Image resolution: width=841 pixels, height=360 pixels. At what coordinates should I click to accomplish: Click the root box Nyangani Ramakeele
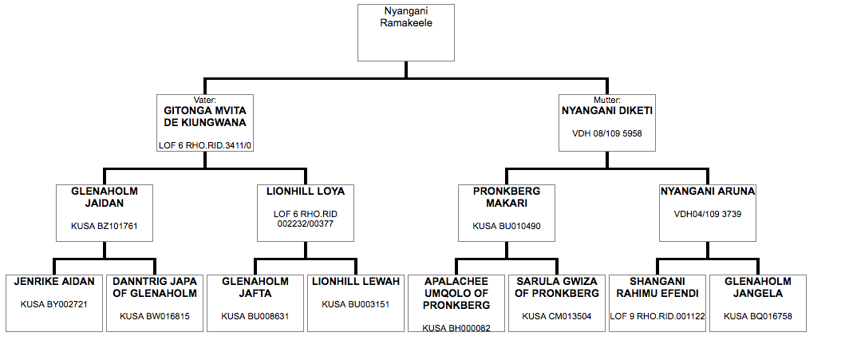pos(406,33)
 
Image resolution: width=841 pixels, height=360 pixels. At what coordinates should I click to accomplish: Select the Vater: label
pos(204,100)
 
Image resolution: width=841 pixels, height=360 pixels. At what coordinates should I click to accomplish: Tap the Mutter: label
pos(606,100)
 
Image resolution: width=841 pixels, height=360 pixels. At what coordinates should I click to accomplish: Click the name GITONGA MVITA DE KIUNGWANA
pos(204,117)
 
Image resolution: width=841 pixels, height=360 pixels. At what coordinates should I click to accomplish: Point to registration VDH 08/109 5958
pos(606,133)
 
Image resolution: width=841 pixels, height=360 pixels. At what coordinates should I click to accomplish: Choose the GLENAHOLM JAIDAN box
pos(105,213)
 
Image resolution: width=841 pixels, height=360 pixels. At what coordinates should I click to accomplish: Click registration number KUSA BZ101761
pos(105,226)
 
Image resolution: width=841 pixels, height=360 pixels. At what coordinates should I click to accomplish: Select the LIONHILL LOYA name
pos(306,191)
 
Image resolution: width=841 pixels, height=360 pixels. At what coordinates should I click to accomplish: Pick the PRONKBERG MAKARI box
pos(507,213)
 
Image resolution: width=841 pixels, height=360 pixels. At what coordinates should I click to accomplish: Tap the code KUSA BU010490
pos(507,226)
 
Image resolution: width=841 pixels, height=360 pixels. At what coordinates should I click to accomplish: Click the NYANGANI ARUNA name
pos(708,191)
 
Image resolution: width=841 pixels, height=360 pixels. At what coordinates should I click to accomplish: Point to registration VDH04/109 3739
pos(708,214)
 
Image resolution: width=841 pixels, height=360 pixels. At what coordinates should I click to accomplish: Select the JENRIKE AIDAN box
pos(54,303)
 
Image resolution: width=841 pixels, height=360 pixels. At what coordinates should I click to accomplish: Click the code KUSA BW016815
pos(155,316)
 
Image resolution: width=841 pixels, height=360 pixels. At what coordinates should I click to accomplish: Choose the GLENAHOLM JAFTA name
pos(255,287)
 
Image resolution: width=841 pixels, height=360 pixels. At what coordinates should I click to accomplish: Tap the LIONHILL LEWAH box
pos(356,303)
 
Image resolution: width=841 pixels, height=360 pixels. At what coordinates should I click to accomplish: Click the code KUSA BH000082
pos(456,328)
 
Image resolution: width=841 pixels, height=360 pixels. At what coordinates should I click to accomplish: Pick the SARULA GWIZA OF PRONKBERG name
pos(557,287)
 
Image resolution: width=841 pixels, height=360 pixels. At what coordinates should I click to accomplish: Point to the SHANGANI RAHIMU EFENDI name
pos(657,287)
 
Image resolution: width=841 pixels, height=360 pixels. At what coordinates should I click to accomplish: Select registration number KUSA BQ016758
pos(758,316)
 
